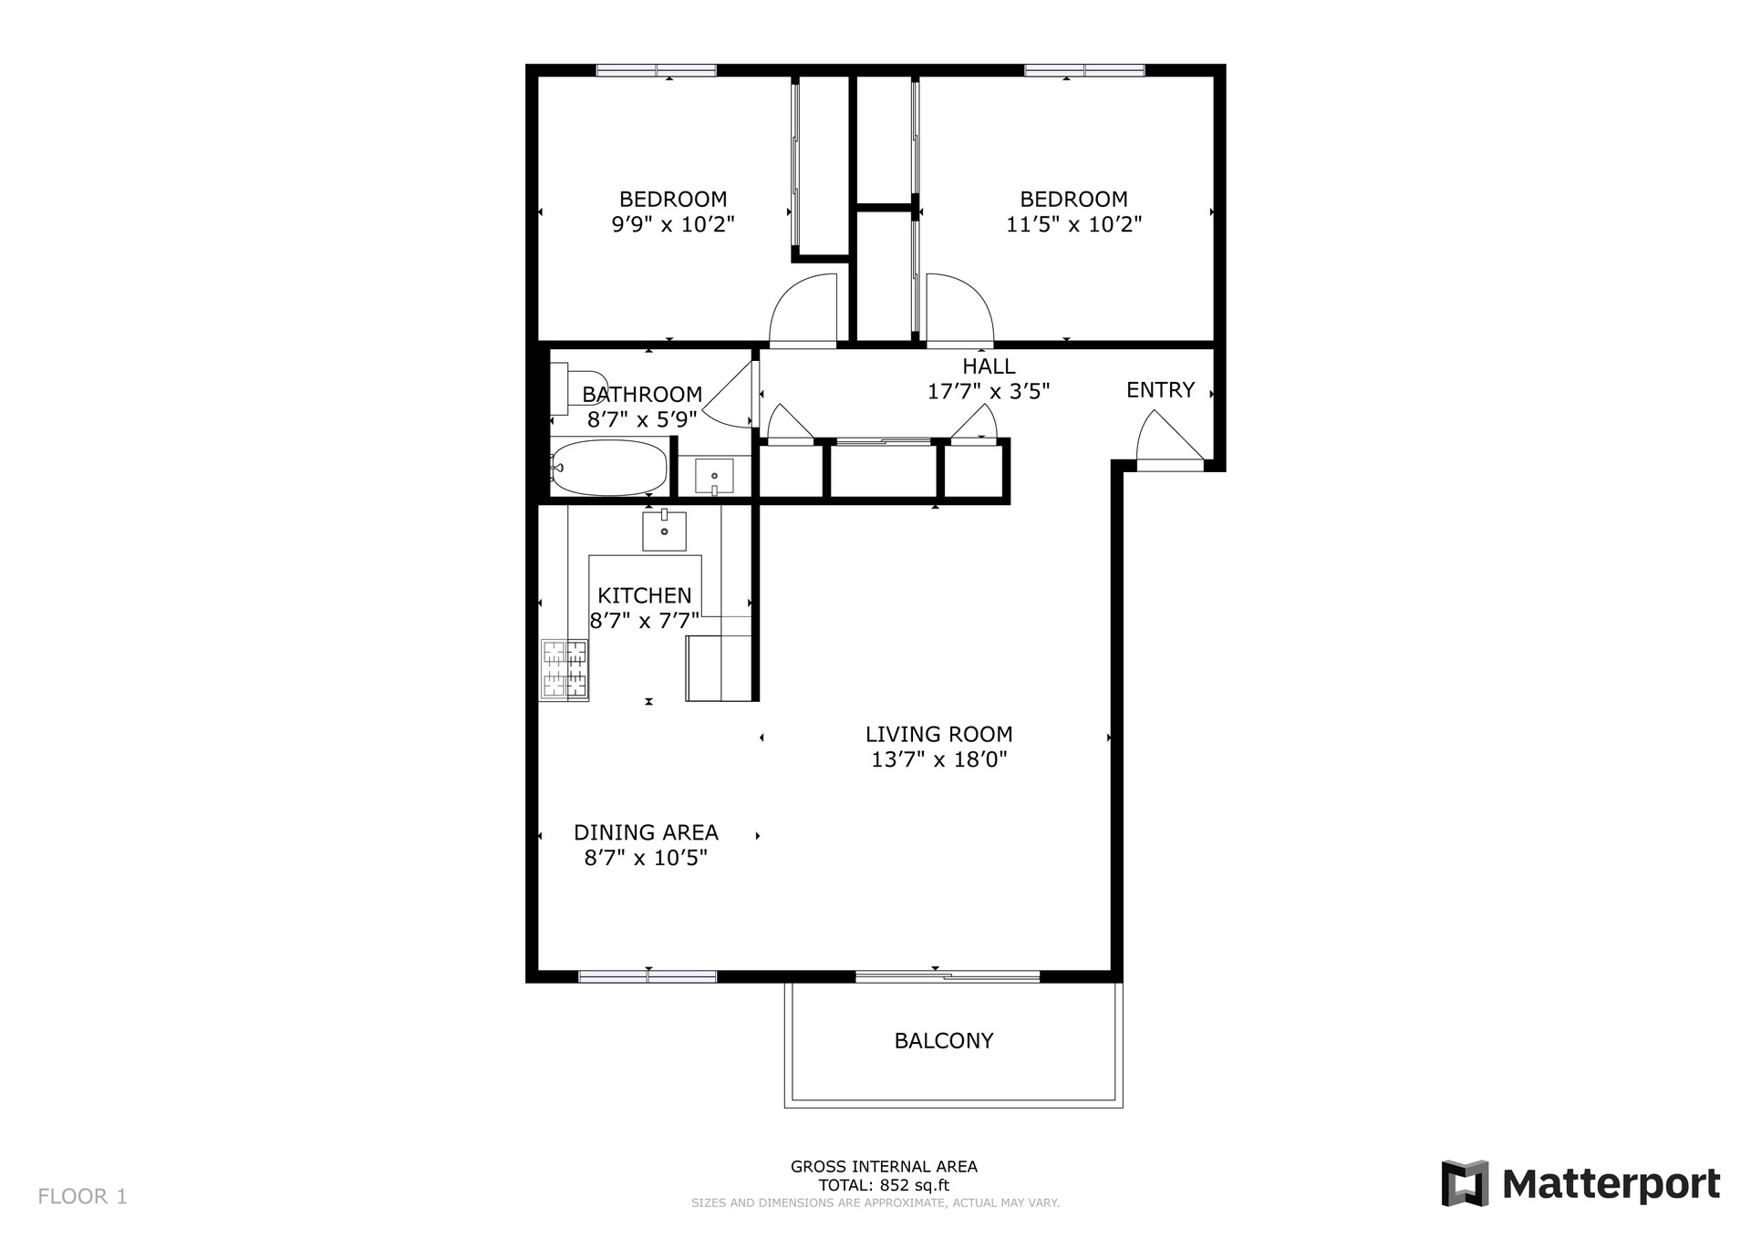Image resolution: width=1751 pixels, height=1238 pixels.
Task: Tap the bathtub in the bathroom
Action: tap(609, 468)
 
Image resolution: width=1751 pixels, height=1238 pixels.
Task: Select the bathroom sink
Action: tap(714, 476)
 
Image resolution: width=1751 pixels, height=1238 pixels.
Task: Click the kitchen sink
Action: tap(664, 531)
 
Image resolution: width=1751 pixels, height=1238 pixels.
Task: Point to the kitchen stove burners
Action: tap(565, 669)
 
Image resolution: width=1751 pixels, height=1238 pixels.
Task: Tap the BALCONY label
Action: tap(944, 1041)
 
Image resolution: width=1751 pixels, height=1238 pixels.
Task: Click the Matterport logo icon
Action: tap(1465, 1183)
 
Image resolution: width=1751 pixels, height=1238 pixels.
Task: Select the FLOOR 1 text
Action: tap(82, 1196)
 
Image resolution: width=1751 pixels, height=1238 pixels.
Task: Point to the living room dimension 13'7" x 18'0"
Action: tap(938, 759)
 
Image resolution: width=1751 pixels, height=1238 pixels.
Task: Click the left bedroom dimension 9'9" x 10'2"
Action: tap(673, 224)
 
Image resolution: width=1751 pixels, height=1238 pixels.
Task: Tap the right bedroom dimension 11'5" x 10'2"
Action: tap(1073, 224)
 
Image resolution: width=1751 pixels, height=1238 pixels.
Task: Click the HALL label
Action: tap(989, 366)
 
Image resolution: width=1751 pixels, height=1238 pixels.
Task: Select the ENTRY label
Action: tap(1160, 390)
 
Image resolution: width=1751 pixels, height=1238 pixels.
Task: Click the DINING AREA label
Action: tap(646, 832)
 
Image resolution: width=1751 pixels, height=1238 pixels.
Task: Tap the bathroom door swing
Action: tap(730, 394)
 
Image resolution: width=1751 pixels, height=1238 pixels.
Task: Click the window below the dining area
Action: tap(648, 976)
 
